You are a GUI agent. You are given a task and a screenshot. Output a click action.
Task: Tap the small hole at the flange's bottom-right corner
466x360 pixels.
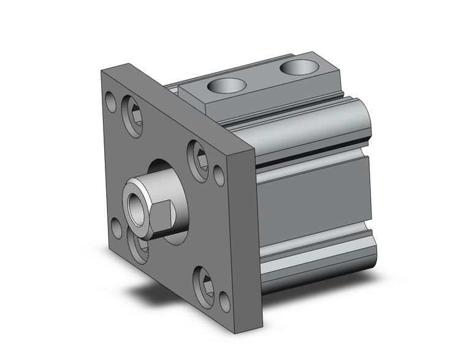pos(225,300)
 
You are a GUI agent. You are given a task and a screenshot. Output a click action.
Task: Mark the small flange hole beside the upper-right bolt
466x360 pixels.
pos(219,174)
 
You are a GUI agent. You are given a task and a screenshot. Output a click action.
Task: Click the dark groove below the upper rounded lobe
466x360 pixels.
pos(313,161)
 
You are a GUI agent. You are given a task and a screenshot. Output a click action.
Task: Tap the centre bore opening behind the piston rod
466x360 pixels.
pos(169,178)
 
